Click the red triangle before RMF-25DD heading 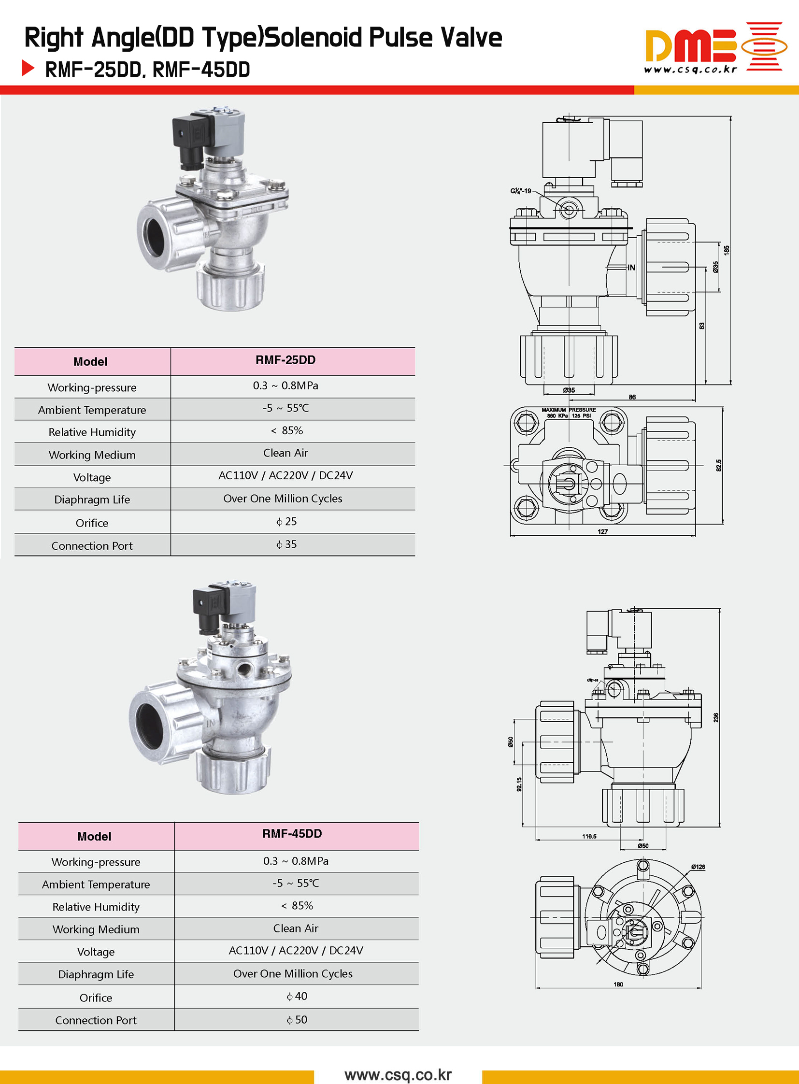(x=28, y=68)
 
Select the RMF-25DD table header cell (x=285, y=360)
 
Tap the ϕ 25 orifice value (x=286, y=521)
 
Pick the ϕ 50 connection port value (x=297, y=1020)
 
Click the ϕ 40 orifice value (x=297, y=996)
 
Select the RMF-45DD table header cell (x=292, y=833)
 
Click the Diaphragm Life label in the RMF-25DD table (x=92, y=499)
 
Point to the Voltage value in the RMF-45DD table (x=296, y=951)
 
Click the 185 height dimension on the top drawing (x=726, y=250)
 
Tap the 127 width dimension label (x=602, y=531)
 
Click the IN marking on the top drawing (x=631, y=268)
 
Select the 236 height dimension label (x=716, y=717)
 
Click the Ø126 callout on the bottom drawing (x=698, y=867)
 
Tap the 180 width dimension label (x=618, y=984)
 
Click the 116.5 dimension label (x=589, y=836)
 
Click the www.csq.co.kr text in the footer (x=398, y=1074)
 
